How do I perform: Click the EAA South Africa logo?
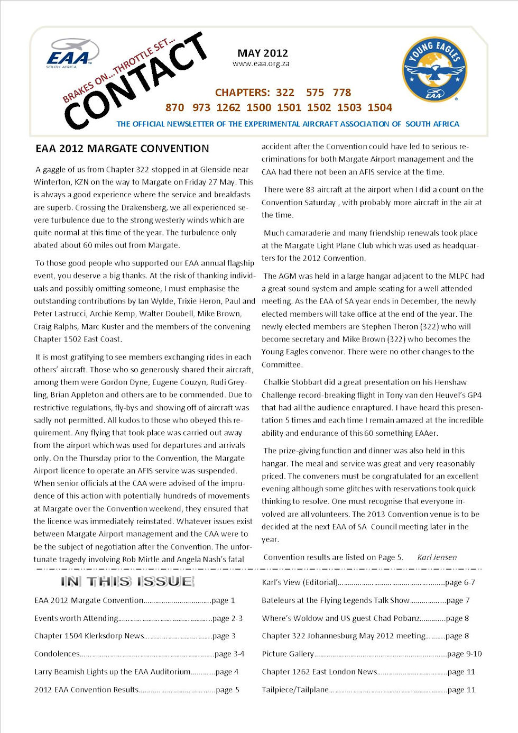[72, 53]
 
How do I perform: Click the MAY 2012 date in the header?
[263, 53]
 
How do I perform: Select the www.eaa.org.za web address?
[261, 63]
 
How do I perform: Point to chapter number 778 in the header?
[341, 93]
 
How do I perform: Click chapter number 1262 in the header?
[228, 108]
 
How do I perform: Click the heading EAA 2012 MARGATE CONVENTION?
[122, 149]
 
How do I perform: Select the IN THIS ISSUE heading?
[127, 582]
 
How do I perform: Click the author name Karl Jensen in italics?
[437, 557]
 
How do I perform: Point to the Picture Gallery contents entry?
[288, 654]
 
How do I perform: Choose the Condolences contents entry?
[57, 654]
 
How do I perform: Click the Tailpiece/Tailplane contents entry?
[295, 690]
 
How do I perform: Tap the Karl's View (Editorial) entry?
[300, 582]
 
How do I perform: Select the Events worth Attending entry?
[76, 618]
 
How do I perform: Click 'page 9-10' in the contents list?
[464, 654]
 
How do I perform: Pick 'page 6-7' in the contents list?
[460, 582]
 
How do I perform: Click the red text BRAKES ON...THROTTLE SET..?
[118, 70]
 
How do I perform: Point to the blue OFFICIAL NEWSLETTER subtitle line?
[288, 124]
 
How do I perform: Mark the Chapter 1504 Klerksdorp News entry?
[89, 636]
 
